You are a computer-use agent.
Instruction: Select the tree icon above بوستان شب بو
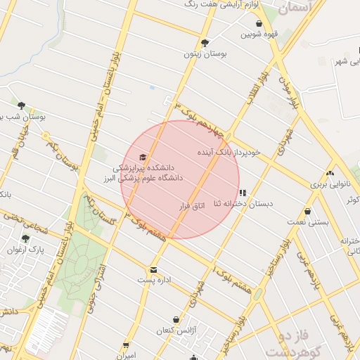pyautogui.click(x=21, y=105)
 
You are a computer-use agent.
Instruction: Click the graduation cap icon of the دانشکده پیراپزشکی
pyautogui.click(x=143, y=157)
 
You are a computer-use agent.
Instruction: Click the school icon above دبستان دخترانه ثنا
pyautogui.click(x=243, y=193)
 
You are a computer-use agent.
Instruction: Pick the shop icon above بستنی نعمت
pyautogui.click(x=307, y=211)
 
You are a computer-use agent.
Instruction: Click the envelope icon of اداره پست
pyautogui.click(x=153, y=269)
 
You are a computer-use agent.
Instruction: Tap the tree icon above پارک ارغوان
pyautogui.click(x=26, y=238)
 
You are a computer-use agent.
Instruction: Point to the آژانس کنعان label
pyautogui.click(x=174, y=330)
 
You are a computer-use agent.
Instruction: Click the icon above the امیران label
pyautogui.click(x=127, y=345)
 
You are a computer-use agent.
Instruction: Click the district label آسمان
pyautogui.click(x=293, y=8)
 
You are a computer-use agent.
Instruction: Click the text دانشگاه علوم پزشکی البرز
pyautogui.click(x=147, y=178)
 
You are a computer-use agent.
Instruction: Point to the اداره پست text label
pyautogui.click(x=153, y=281)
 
